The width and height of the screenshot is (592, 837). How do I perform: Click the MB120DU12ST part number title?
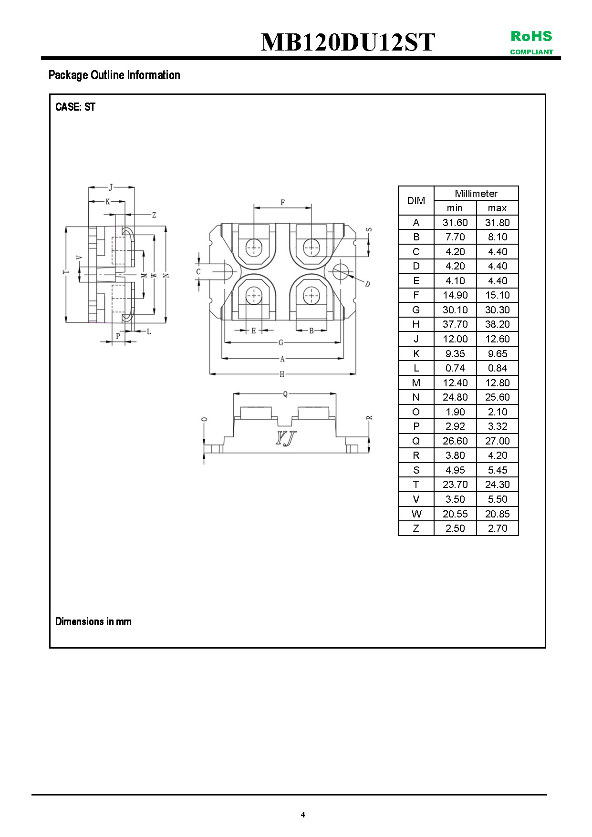(x=348, y=42)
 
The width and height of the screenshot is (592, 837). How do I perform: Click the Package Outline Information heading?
(x=114, y=75)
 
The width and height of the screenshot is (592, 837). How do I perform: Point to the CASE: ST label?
(x=75, y=107)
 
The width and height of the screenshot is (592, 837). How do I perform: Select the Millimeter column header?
(x=476, y=194)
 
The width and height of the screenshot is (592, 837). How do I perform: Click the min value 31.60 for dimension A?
(x=455, y=223)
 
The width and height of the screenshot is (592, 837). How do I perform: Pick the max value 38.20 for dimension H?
(x=497, y=324)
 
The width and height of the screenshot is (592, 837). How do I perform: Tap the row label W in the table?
(x=416, y=514)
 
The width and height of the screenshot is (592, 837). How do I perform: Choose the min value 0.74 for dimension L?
(x=455, y=368)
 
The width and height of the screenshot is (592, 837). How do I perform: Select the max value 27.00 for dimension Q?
(x=497, y=441)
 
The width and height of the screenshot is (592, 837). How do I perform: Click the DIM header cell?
(x=416, y=201)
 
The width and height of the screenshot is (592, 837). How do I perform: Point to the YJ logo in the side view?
(x=286, y=438)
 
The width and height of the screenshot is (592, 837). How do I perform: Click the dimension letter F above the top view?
(x=282, y=203)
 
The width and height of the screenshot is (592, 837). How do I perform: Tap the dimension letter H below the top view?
(x=282, y=374)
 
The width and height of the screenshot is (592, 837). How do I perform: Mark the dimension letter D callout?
(x=367, y=284)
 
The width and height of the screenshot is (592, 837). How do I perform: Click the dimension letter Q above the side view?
(x=285, y=394)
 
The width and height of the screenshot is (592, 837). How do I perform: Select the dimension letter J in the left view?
(x=111, y=187)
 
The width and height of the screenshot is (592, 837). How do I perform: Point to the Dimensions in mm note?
(x=93, y=621)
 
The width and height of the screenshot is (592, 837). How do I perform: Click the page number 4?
(x=303, y=815)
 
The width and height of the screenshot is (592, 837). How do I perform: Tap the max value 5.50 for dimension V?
(x=497, y=499)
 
